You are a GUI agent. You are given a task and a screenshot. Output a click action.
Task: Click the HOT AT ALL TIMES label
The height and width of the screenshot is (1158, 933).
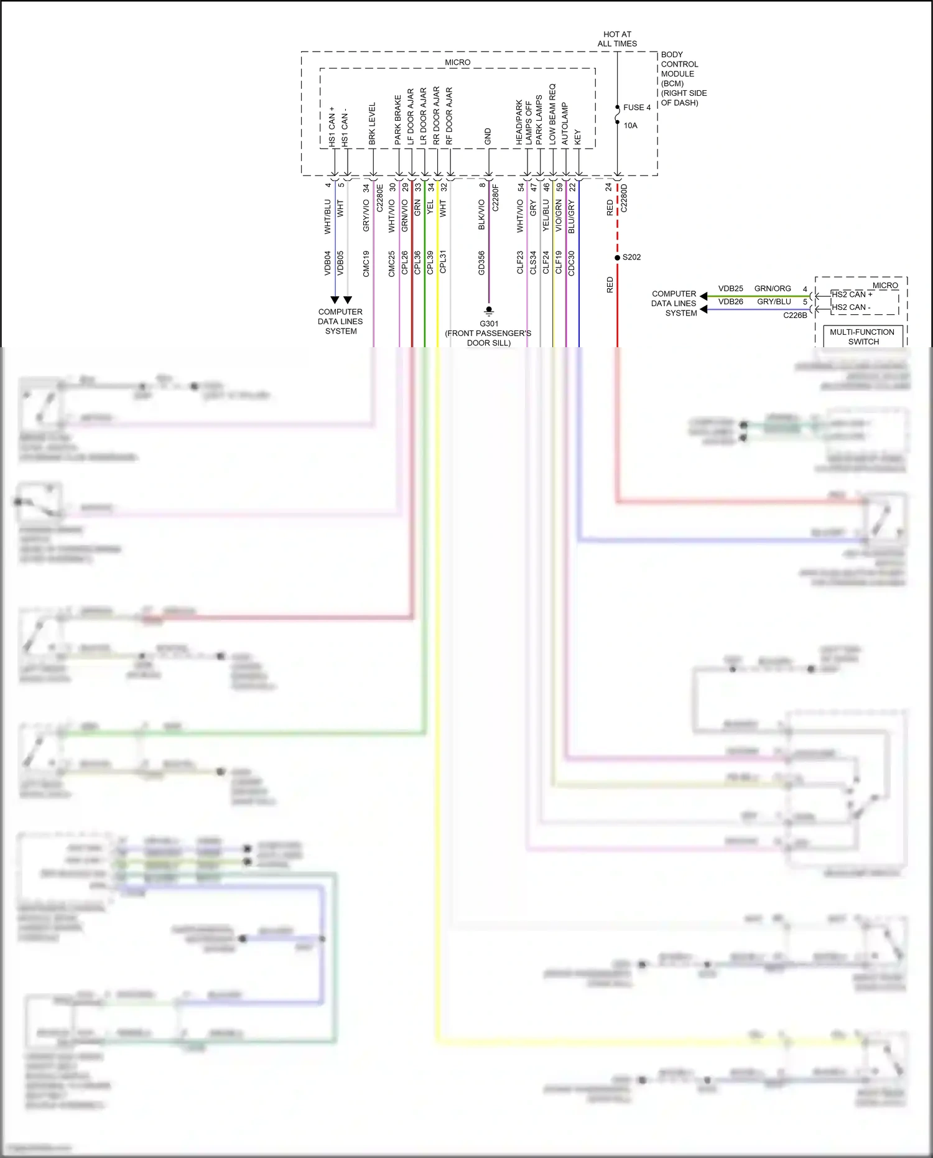click(x=617, y=39)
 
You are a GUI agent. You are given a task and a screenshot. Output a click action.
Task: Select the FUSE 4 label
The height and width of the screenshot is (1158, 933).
click(x=636, y=108)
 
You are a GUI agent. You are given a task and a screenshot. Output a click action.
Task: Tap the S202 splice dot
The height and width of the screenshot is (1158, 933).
click(x=617, y=258)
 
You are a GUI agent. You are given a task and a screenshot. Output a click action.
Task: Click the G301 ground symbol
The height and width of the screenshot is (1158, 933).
click(x=489, y=311)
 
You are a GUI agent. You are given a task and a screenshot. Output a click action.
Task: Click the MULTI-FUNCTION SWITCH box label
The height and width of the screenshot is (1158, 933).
click(x=862, y=337)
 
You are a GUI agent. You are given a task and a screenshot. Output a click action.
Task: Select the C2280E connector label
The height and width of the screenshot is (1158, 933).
click(x=380, y=198)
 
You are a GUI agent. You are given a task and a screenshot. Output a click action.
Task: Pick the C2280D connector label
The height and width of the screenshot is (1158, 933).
click(x=624, y=198)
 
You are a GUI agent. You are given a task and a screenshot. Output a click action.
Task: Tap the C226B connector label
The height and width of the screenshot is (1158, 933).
click(x=795, y=315)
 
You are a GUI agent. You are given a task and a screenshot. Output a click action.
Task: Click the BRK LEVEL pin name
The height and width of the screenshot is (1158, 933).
click(x=372, y=124)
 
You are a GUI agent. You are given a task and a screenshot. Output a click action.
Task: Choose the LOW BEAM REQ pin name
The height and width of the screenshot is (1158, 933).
click(x=552, y=114)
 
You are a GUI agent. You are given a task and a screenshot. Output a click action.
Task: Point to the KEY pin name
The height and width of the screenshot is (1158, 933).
click(x=578, y=138)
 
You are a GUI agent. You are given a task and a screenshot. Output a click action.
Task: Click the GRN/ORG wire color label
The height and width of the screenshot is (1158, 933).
click(x=773, y=289)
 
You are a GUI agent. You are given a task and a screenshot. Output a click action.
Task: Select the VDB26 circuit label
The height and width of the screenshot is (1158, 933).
click(x=730, y=302)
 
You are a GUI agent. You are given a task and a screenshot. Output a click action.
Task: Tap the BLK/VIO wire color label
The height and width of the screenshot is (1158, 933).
click(x=481, y=215)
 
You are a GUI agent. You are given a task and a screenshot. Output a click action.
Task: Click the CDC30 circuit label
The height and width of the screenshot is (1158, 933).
click(x=572, y=263)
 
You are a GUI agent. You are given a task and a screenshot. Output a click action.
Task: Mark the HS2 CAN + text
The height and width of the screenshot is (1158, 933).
click(x=852, y=294)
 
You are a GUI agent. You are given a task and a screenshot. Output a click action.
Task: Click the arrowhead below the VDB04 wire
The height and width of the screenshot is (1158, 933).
click(x=335, y=300)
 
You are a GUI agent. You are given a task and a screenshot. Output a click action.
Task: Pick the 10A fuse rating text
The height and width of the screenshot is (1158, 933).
click(x=630, y=126)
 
